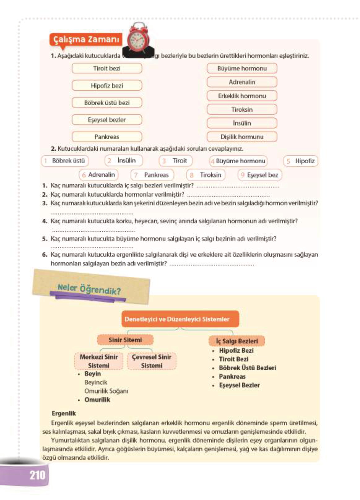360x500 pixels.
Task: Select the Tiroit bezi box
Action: (x=107, y=68)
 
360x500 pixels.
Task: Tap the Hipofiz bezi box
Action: (x=107, y=86)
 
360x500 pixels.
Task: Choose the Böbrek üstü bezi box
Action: (x=107, y=103)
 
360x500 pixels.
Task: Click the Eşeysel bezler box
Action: (x=107, y=120)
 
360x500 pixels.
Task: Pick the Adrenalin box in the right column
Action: (x=242, y=82)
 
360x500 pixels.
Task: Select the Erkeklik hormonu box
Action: (x=242, y=96)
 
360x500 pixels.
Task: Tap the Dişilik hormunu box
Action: (x=242, y=137)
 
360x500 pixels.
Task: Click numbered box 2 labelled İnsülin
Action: (x=124, y=161)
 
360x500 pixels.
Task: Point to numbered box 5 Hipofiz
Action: (x=301, y=161)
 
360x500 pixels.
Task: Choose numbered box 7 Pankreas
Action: (x=152, y=175)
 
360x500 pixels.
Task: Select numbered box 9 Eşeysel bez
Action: (x=260, y=175)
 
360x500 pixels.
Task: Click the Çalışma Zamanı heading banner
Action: (x=86, y=40)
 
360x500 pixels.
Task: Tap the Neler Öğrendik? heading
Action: (x=89, y=289)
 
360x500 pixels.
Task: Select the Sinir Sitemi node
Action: (x=125, y=340)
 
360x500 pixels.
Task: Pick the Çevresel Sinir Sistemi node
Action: (x=151, y=361)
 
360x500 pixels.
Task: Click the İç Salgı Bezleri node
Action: (x=237, y=341)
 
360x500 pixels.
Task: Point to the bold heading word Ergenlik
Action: (x=64, y=413)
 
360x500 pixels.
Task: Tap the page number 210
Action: (x=37, y=475)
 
